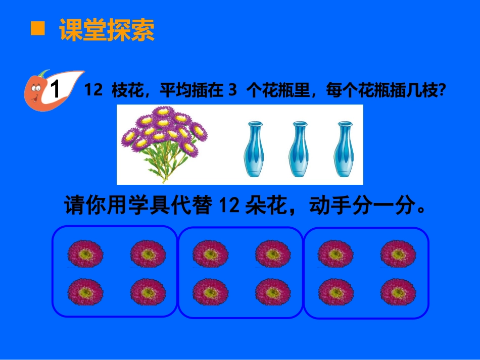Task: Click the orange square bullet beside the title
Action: tap(38, 29)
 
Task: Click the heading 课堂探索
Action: tap(107, 30)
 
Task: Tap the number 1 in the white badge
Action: tap(56, 91)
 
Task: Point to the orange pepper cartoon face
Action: tap(35, 91)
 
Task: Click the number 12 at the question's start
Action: tap(93, 90)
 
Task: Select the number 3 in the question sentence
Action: tap(232, 90)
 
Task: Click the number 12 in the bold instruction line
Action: tap(230, 206)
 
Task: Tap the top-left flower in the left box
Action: tap(85, 253)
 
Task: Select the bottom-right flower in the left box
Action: tap(148, 292)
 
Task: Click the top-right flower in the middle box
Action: tap(273, 253)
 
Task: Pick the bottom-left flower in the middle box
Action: tap(210, 292)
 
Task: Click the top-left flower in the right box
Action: tap(335, 253)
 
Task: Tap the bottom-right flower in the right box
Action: tap(398, 292)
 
